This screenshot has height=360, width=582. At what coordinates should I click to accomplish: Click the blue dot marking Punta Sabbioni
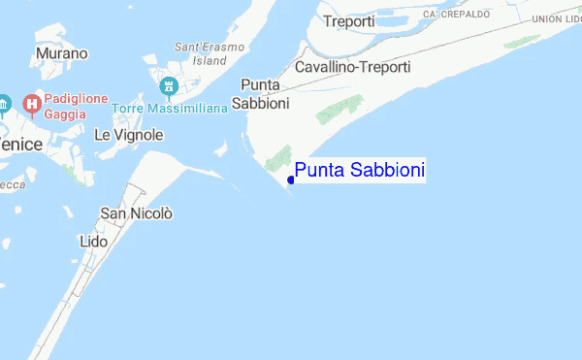[291, 179]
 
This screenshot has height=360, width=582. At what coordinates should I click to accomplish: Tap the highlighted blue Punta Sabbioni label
[360, 171]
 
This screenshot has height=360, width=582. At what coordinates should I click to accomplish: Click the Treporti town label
[350, 20]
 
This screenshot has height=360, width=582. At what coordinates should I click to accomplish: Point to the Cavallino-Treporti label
[352, 67]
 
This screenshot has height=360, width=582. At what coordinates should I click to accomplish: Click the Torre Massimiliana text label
[169, 108]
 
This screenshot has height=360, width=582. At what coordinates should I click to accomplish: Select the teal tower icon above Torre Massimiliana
[170, 87]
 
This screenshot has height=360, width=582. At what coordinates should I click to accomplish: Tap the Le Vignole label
[128, 135]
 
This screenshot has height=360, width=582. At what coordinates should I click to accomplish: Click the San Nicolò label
[136, 213]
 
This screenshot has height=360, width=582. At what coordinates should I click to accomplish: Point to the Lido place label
[86, 240]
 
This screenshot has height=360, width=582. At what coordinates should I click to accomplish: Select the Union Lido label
[558, 17]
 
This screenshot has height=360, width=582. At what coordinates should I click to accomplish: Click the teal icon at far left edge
[4, 104]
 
